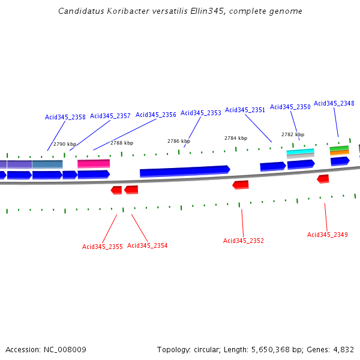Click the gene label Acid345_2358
(x=65, y=117)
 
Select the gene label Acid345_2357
(x=110, y=116)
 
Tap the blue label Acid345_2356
(x=155, y=115)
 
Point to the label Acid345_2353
(x=200, y=113)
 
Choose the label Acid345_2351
(x=245, y=110)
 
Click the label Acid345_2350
(x=290, y=107)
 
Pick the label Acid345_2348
(x=334, y=103)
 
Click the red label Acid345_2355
(x=102, y=247)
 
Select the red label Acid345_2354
(x=147, y=245)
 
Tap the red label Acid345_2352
(x=243, y=241)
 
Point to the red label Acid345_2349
(x=327, y=235)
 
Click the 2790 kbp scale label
(x=65, y=144)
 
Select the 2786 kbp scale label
(x=178, y=141)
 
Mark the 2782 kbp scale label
(x=293, y=134)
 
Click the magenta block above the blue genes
(x=94, y=163)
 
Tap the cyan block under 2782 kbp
(x=300, y=152)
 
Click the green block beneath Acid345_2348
(x=339, y=148)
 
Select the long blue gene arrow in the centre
(x=184, y=172)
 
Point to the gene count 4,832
(x=343, y=349)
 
